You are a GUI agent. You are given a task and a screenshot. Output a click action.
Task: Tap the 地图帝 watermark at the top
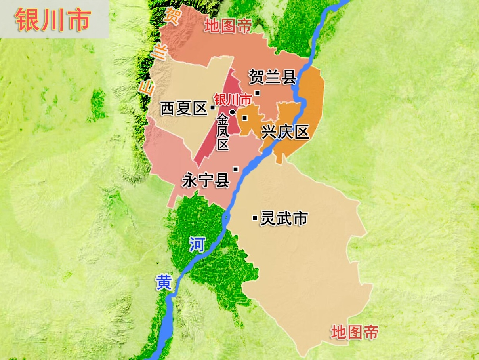[x=228, y=26]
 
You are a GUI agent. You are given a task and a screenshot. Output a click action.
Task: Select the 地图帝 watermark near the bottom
[x=355, y=332]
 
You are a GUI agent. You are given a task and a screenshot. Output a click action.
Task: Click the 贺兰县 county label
[x=273, y=77]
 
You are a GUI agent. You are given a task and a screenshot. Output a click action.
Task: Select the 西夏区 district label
[x=184, y=108]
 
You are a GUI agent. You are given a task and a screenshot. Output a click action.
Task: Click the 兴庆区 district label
[x=285, y=132]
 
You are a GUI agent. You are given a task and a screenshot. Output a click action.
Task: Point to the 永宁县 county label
[x=206, y=181]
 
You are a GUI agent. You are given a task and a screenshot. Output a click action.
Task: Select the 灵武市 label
[x=284, y=218]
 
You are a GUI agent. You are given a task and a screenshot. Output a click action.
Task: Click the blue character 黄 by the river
[x=164, y=283]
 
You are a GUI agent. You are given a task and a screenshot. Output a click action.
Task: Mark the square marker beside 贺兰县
[x=257, y=93]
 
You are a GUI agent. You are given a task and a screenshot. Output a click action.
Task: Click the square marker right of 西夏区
[x=212, y=107]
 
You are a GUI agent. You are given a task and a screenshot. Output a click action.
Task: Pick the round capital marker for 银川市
[x=233, y=112]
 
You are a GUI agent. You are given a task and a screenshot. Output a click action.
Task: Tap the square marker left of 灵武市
[x=254, y=217]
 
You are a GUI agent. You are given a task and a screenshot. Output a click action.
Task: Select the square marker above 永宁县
[x=235, y=169]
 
